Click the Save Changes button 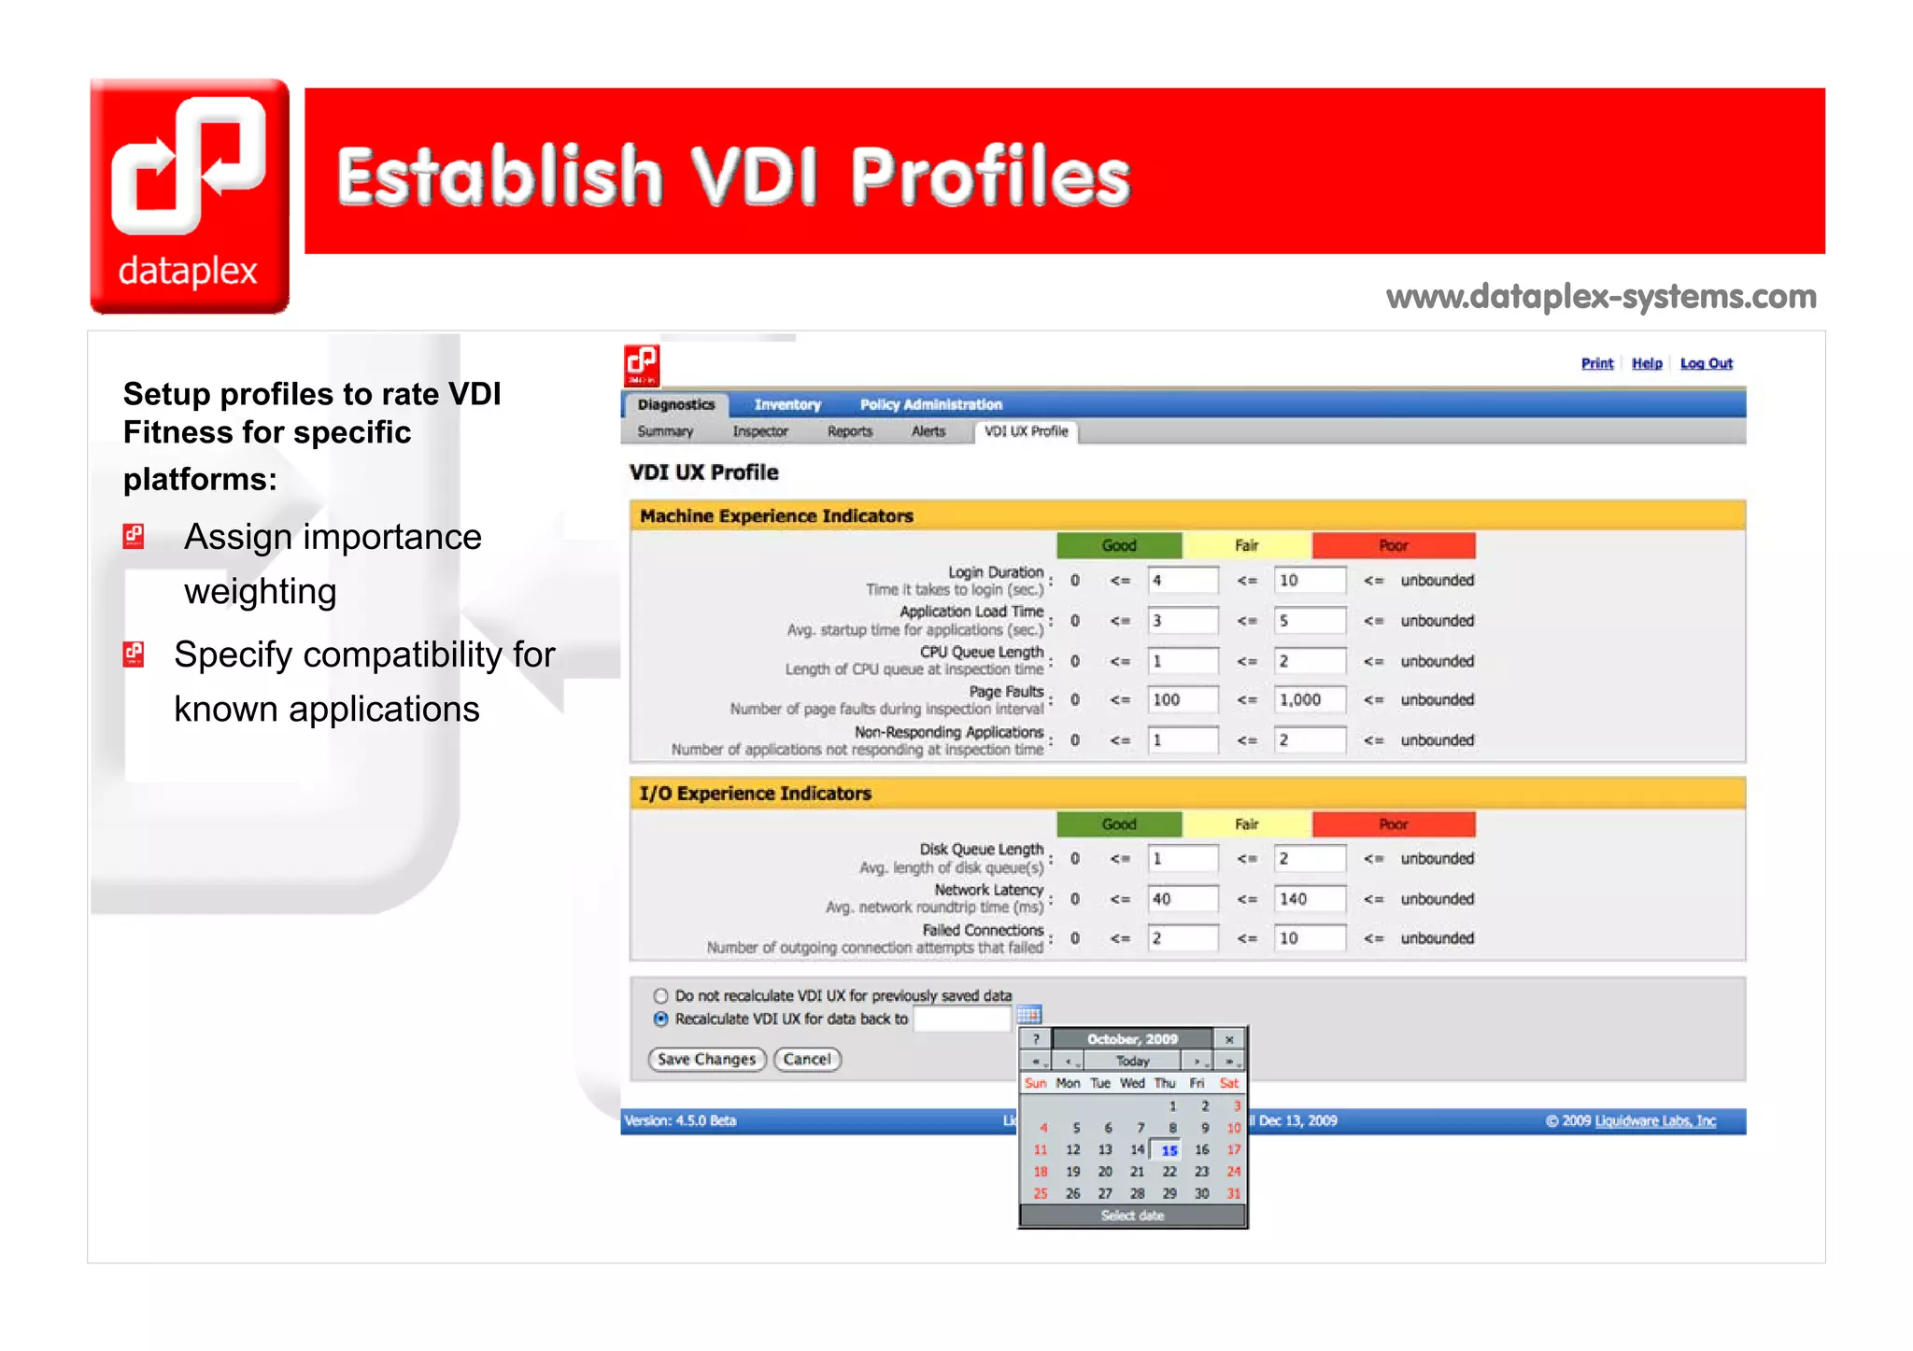coord(706,1059)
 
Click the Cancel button coord(807,1059)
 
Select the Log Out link coord(1706,363)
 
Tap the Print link coord(1596,363)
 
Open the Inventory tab coord(787,404)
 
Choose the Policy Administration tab coord(930,404)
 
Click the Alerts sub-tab coord(928,431)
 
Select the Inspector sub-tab coord(760,431)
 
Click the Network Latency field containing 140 coord(1310,899)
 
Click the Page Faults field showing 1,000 coord(1310,699)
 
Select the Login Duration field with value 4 coord(1183,580)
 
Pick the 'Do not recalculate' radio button coord(661,995)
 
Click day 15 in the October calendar coord(1169,1150)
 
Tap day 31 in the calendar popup coord(1234,1193)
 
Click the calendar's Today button coord(1132,1062)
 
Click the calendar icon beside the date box coord(1028,1015)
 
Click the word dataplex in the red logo coord(188,271)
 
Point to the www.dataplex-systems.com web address coord(1601,297)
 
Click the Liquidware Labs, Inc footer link coord(1654,1120)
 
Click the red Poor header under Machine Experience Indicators coord(1393,545)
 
